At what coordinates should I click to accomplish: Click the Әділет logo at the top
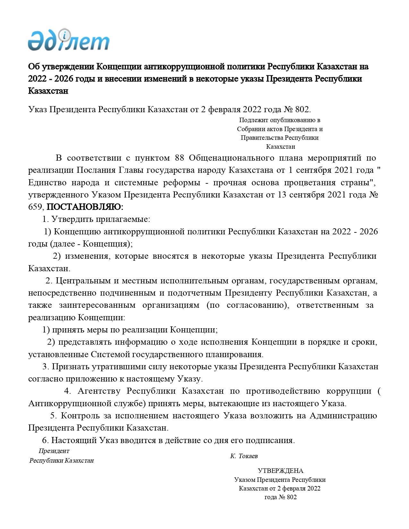[68, 40]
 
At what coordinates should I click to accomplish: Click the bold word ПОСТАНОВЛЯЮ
[85, 207]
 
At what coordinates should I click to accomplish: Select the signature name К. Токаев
[244, 456]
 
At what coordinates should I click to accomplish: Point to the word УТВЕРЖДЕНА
[280, 471]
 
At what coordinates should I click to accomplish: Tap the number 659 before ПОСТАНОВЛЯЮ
[35, 207]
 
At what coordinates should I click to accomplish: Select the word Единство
[47, 183]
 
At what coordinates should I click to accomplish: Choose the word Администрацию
[343, 416]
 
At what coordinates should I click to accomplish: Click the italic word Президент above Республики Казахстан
[54, 451]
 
